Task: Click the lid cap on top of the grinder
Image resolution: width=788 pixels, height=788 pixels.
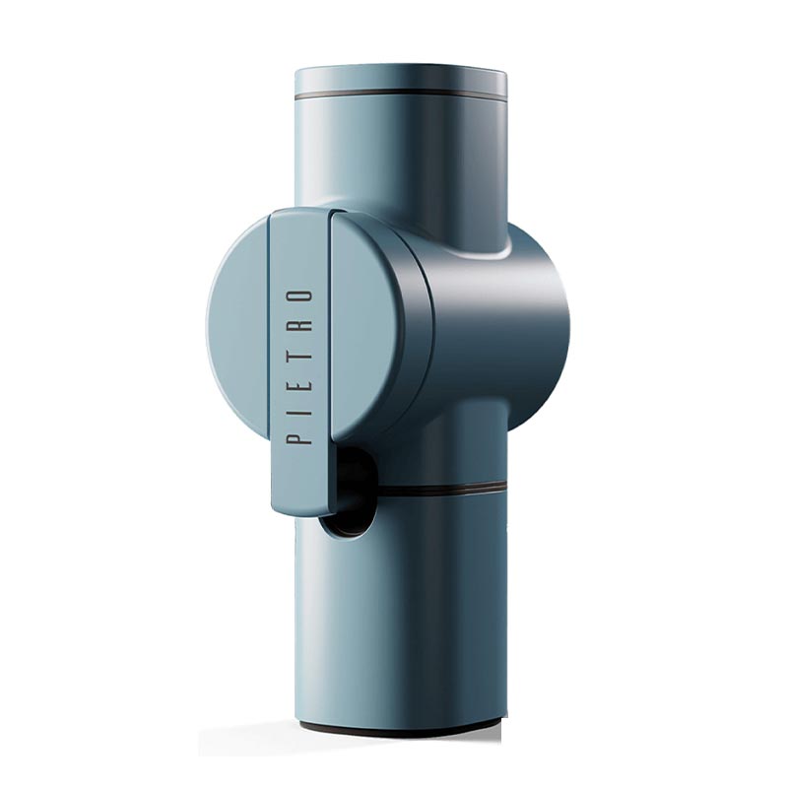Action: click(x=400, y=81)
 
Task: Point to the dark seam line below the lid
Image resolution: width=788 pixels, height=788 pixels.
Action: click(x=400, y=94)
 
